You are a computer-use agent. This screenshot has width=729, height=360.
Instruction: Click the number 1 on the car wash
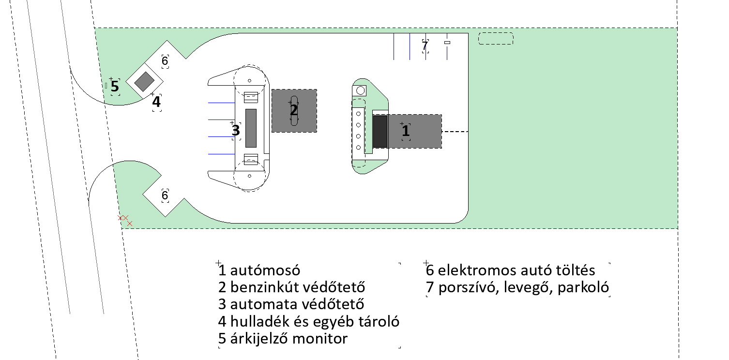click(x=406, y=131)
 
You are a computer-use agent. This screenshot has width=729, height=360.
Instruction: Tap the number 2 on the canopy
click(x=294, y=110)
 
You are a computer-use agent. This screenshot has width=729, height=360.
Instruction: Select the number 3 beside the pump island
click(x=236, y=131)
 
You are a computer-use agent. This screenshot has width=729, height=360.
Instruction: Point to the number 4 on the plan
click(x=156, y=102)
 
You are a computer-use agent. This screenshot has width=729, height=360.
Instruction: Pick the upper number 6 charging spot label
click(x=165, y=61)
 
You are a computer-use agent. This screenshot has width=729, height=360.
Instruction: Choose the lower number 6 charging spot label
click(x=165, y=195)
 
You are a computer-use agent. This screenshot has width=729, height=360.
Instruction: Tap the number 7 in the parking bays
click(x=425, y=46)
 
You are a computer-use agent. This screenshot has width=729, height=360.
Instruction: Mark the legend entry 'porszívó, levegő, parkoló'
click(x=517, y=287)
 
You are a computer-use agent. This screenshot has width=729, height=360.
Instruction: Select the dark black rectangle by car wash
click(x=380, y=131)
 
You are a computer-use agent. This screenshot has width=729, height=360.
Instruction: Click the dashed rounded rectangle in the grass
click(x=496, y=39)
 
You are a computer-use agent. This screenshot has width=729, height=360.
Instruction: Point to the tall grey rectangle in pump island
click(x=251, y=127)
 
